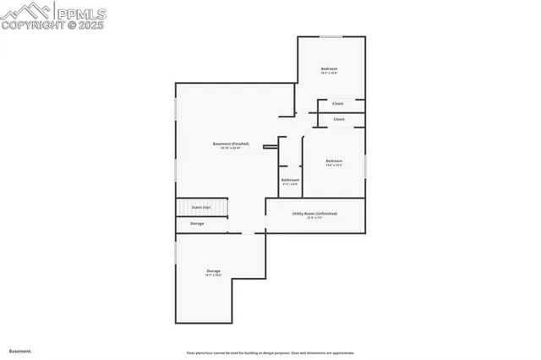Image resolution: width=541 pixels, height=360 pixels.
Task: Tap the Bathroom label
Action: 290,179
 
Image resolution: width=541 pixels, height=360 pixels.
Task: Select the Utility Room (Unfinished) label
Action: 315,214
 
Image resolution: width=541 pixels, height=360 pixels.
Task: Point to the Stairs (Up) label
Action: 201,207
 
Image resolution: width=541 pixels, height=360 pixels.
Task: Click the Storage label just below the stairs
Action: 197,223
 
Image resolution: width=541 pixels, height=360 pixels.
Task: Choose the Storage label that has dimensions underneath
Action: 213,271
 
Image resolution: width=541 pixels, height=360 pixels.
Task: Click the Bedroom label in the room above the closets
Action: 329,68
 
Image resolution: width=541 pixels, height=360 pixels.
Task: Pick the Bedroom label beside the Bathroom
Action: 335,161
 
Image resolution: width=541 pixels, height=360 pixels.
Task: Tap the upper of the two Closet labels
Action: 337,104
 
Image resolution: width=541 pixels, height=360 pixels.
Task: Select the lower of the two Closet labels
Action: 338,119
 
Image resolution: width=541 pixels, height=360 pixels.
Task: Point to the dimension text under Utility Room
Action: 315,219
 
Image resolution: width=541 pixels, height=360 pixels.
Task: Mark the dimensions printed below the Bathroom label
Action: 290,184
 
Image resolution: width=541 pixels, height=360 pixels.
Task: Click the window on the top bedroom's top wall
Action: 331,36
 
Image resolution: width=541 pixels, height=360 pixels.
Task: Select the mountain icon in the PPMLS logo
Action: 25,12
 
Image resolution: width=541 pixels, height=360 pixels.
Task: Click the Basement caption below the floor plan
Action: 19,351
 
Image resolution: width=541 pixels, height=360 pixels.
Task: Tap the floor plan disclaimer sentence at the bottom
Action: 270,353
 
